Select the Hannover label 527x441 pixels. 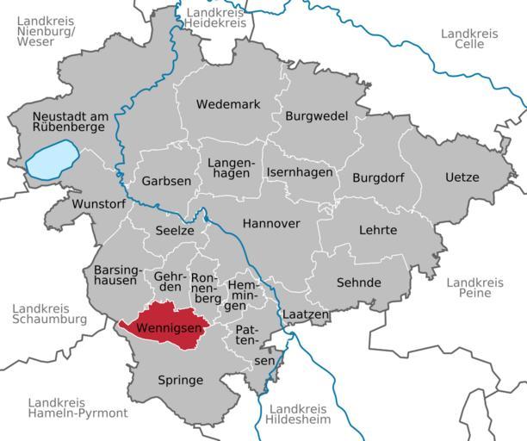pyautogui.click(x=271, y=223)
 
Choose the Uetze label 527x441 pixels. pyautogui.click(x=462, y=177)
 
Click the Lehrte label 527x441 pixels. pyautogui.click(x=378, y=230)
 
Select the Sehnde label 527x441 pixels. pyautogui.click(x=358, y=283)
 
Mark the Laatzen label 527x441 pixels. pyautogui.click(x=306, y=315)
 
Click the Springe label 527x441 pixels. pyautogui.click(x=180, y=380)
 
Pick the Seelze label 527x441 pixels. pyautogui.click(x=175, y=230)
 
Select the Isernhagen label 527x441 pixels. pyautogui.click(x=300, y=172)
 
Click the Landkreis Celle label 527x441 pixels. pyautogui.click(x=463, y=39)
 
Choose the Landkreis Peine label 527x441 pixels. pyautogui.click(x=474, y=288)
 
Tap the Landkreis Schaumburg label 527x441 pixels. pyautogui.click(x=50, y=314)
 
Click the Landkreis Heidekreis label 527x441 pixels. pyautogui.click(x=216, y=18)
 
